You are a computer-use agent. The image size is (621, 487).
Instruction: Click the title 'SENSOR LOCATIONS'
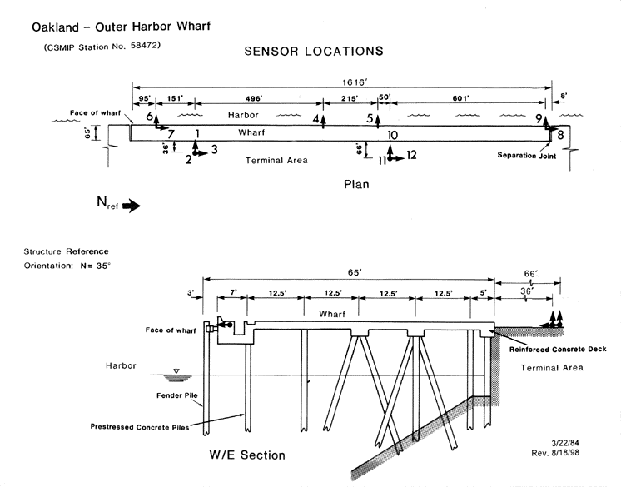click(314, 52)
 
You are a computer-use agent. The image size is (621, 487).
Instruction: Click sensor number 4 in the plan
click(316, 119)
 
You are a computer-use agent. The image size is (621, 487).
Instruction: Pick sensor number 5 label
click(370, 119)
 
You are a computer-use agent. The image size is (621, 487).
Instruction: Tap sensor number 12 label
click(411, 155)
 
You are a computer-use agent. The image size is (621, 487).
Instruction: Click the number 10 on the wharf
click(393, 135)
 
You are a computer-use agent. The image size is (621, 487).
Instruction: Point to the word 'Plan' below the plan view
click(356, 184)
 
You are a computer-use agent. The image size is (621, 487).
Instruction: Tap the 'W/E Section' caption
click(249, 455)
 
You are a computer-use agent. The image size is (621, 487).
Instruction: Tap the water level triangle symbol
click(176, 372)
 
